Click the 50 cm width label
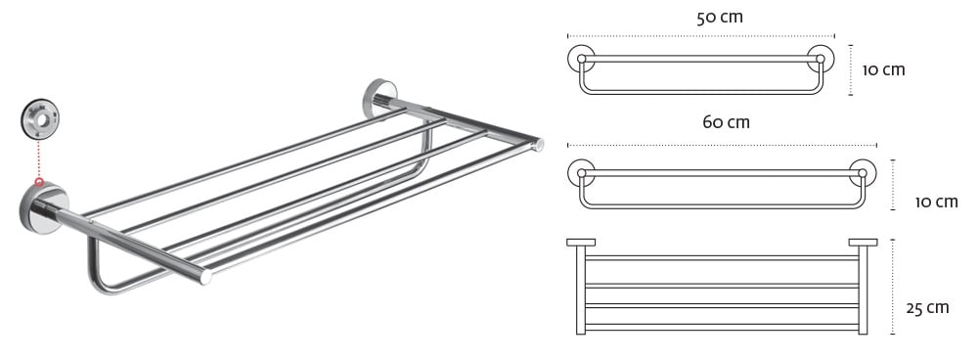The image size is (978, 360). (719, 17)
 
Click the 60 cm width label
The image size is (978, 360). (726, 122)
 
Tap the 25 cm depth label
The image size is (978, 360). (927, 307)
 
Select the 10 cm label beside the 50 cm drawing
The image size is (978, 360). (883, 69)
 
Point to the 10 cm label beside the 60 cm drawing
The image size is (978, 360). (936, 202)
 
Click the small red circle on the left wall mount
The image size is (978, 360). (39, 183)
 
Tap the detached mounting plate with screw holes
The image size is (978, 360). (40, 118)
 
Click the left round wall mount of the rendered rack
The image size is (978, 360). (44, 208)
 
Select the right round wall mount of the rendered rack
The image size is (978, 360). (379, 97)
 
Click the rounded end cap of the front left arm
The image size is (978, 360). (205, 277)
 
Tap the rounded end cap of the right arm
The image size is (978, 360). (538, 145)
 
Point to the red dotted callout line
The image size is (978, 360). (39, 159)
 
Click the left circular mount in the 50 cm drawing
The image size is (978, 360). (581, 58)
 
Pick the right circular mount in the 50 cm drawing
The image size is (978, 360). (821, 59)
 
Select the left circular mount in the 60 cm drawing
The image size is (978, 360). (581, 173)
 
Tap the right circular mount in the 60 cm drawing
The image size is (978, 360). (863, 173)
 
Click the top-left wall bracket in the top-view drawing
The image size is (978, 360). (581, 243)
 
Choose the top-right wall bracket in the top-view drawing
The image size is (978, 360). (863, 243)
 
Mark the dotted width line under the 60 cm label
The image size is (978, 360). (723, 146)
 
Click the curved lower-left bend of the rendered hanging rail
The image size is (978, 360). (100, 282)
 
